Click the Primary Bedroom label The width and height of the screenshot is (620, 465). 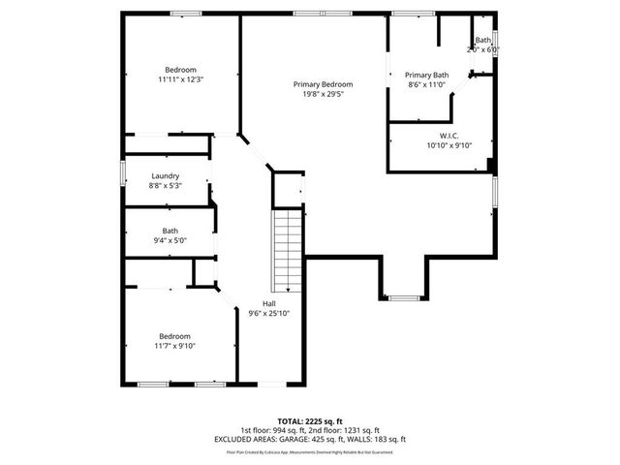[x=323, y=84]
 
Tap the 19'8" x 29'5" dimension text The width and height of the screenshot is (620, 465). [x=323, y=95]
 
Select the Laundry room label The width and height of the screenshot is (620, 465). [x=165, y=175]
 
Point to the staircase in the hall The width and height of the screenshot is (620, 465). [x=288, y=251]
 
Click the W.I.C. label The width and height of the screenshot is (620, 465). [x=449, y=136]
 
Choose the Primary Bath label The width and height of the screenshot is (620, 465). [x=426, y=75]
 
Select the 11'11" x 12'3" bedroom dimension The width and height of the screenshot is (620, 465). [x=181, y=78]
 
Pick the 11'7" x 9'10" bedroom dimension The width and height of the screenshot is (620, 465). [x=175, y=346]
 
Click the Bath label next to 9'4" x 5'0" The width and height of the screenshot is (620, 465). [x=170, y=231]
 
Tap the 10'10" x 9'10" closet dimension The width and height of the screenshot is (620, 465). [x=449, y=145]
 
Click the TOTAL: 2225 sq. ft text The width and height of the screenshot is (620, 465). [x=309, y=421]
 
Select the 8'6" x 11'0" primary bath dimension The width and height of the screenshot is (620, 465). [x=426, y=84]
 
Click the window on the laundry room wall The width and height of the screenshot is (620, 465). [x=122, y=171]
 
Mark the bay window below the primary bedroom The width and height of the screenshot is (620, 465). [x=405, y=296]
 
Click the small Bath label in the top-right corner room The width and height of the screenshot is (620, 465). [x=481, y=40]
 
